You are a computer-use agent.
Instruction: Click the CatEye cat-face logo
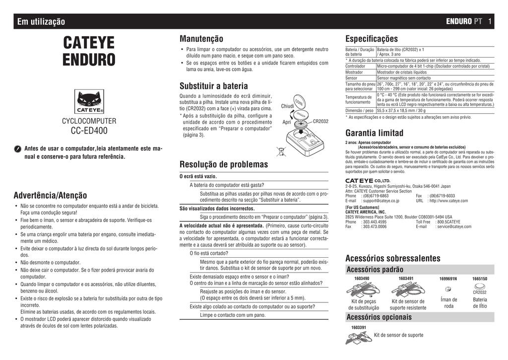point(89,101)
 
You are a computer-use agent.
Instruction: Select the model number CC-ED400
point(89,131)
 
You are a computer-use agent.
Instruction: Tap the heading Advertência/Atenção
point(50,195)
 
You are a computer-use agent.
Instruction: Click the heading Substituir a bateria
point(213,85)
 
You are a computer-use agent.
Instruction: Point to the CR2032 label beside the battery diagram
point(320,121)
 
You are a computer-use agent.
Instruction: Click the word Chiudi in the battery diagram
point(288,106)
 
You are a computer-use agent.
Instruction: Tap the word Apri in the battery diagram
point(287,122)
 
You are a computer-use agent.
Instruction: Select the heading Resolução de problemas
point(223,164)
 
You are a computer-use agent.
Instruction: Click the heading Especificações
point(371,39)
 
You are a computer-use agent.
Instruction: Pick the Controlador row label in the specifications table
point(355,66)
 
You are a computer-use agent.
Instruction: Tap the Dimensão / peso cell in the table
point(360,111)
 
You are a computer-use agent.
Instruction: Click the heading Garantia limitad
point(374,133)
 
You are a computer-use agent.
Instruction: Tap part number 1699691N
point(448,279)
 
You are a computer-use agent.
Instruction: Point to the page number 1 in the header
point(490,21)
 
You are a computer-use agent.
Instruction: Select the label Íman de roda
point(448,302)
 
